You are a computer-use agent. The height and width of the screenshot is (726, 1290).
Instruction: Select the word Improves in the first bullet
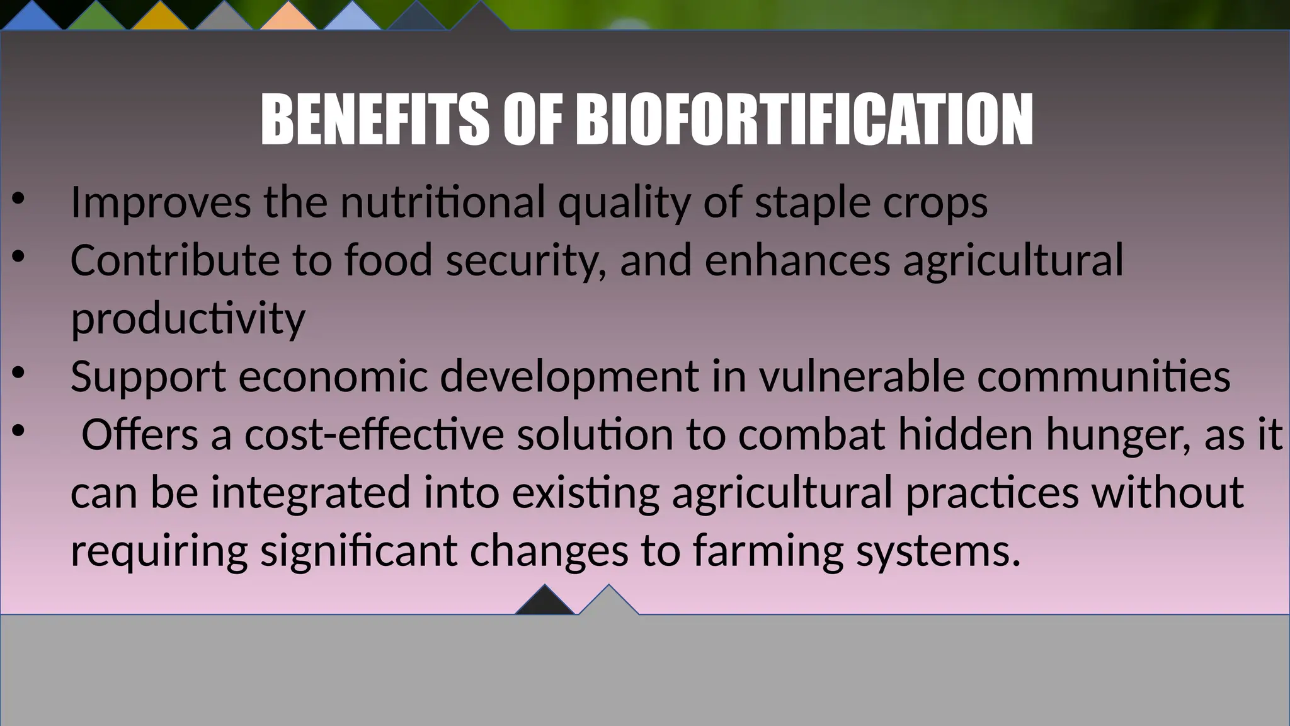click(161, 203)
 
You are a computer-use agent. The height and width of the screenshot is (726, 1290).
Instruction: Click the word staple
click(813, 203)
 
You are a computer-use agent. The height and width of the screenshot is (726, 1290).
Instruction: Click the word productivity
click(188, 319)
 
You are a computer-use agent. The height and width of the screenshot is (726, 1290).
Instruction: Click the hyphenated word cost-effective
click(374, 435)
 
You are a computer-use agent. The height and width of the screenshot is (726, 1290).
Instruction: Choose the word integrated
click(311, 493)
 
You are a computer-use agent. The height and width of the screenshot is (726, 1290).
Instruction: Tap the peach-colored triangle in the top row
click(288, 17)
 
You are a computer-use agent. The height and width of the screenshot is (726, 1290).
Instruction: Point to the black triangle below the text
click(545, 601)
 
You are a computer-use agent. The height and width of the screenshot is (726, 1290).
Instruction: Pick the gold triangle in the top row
click(160, 17)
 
